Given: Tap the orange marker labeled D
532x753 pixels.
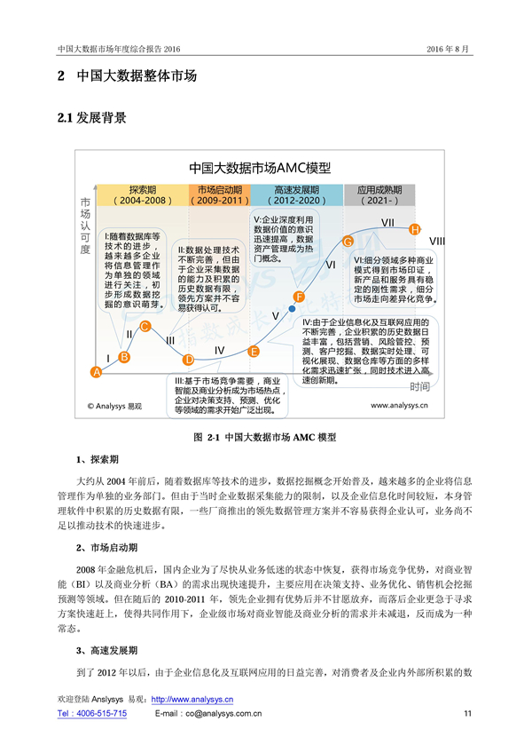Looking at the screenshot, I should pos(188,360).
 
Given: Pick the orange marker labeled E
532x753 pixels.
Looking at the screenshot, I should pos(254,352).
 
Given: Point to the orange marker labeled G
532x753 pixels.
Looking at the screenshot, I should pos(348,242).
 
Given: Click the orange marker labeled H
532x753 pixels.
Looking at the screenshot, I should pos(414,230).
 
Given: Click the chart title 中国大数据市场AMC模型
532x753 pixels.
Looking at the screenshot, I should pos(259,168).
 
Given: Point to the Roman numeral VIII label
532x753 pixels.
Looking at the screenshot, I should pos(437,242).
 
